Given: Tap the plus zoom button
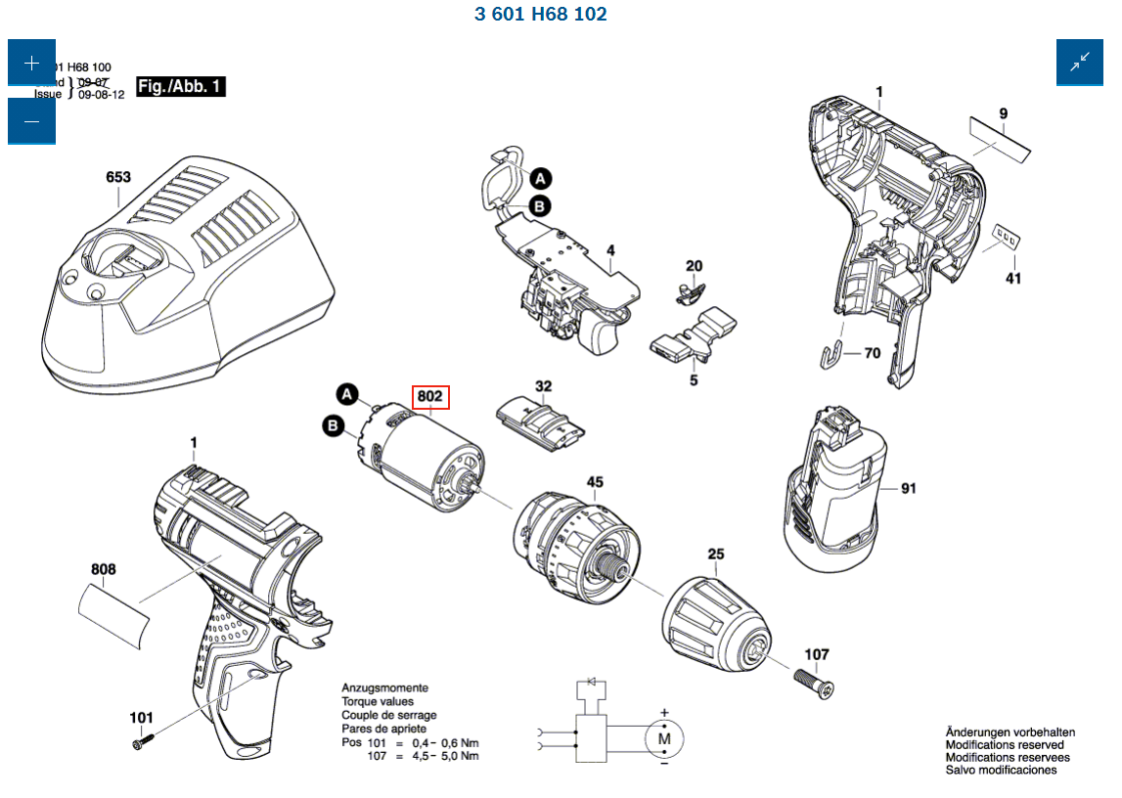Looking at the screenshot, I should click(x=31, y=64).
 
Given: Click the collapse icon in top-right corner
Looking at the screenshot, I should click(x=1079, y=64).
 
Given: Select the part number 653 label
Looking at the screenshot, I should click(x=117, y=177).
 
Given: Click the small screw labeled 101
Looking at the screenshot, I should click(x=138, y=744).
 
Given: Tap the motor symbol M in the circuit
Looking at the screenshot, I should click(x=664, y=738).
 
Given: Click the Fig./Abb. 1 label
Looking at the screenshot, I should click(x=180, y=87).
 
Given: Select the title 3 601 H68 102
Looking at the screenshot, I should click(x=540, y=15).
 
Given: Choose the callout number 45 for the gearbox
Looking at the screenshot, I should click(x=595, y=482).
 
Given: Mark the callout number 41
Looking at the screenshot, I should click(x=1013, y=279).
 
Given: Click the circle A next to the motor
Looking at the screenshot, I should click(x=346, y=394).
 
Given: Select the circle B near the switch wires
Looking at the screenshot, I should click(x=540, y=206).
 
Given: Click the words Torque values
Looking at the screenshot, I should click(x=377, y=702).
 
